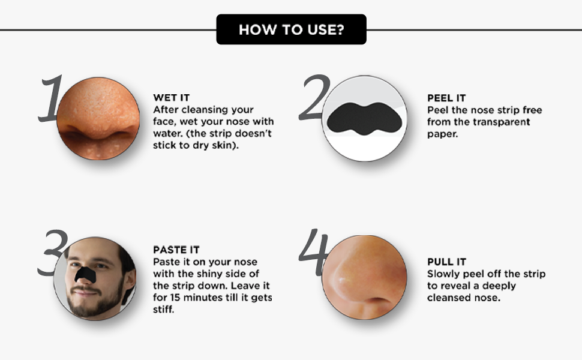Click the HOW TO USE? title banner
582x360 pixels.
292,29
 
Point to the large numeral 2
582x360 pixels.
315,97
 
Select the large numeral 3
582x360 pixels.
53,253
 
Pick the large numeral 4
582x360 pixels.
314,253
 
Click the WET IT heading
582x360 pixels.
172,98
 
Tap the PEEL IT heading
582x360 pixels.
446,98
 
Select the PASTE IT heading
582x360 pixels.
176,250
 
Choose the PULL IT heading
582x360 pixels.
446,262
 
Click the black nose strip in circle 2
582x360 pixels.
364,119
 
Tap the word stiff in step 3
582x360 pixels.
163,309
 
